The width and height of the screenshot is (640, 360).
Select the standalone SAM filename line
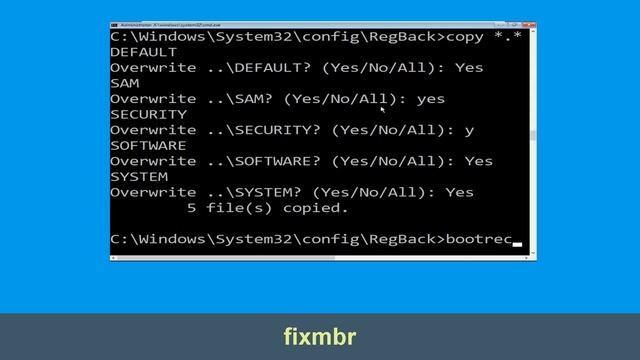(x=125, y=83)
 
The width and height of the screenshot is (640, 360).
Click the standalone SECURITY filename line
(x=148, y=114)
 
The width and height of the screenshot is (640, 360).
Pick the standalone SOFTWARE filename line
(x=148, y=145)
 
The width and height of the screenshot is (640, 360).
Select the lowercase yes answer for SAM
(x=430, y=99)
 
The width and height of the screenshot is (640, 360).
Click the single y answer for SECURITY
(x=469, y=130)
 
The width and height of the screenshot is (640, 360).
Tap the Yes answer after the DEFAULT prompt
(x=469, y=67)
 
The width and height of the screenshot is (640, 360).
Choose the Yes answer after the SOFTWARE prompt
(x=479, y=161)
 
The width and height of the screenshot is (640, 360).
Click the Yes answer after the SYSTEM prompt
(x=460, y=192)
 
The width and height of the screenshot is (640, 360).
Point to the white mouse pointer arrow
(x=382, y=109)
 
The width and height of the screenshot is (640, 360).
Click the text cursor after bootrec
(x=518, y=243)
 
